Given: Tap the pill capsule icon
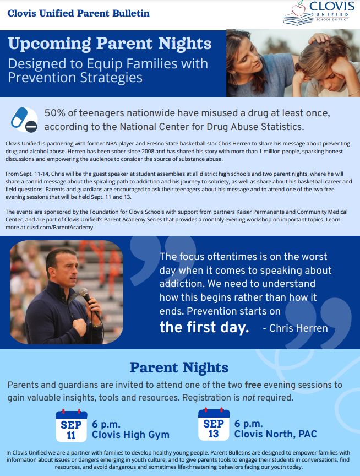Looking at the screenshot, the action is (19, 118).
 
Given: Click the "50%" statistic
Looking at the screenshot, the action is (55, 113).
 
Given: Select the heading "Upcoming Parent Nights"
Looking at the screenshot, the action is (110, 44).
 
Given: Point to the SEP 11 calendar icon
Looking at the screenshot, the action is (71, 426).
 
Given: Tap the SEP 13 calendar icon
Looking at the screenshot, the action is (214, 424).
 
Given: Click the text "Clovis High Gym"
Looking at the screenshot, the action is (130, 435).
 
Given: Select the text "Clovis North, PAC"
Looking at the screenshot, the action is (275, 434).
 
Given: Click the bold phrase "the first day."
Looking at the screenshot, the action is (204, 327).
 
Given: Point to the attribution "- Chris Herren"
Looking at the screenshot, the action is (295, 328).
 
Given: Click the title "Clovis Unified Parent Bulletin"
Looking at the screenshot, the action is (79, 13).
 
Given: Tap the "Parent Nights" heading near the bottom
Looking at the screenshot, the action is (179, 367).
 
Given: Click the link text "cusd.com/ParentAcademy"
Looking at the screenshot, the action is (61, 227).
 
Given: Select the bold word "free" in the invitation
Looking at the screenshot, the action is (253, 385).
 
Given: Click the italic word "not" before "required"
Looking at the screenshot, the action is (249, 398).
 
